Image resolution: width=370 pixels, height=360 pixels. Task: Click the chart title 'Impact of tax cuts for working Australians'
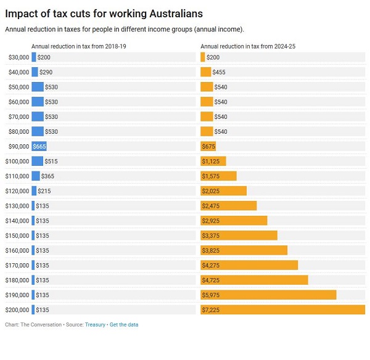tap(104, 13)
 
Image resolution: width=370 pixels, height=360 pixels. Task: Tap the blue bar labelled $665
tap(39, 146)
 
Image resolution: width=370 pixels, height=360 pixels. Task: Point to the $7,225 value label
tap(213, 309)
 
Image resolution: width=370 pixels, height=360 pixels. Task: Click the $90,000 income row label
tap(18, 146)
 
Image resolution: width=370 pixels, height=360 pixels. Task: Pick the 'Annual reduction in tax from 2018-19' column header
tap(83, 46)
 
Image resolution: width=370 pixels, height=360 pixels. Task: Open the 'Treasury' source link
tap(95, 324)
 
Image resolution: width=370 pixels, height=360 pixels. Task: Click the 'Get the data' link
tap(124, 324)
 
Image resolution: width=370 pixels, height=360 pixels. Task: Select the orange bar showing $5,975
tap(268, 295)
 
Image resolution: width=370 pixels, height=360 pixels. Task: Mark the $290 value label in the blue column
tap(46, 72)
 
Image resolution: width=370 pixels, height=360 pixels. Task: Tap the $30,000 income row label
tap(18, 57)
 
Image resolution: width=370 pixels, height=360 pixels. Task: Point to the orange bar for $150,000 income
tap(239, 235)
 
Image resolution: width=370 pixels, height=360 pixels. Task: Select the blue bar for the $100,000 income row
tap(38, 161)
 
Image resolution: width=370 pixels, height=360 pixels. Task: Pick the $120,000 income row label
tap(17, 190)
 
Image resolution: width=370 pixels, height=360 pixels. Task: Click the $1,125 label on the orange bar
tap(213, 162)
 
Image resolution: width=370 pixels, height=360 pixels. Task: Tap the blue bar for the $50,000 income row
tap(38, 87)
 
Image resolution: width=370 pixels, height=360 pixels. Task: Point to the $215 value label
tap(44, 191)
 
